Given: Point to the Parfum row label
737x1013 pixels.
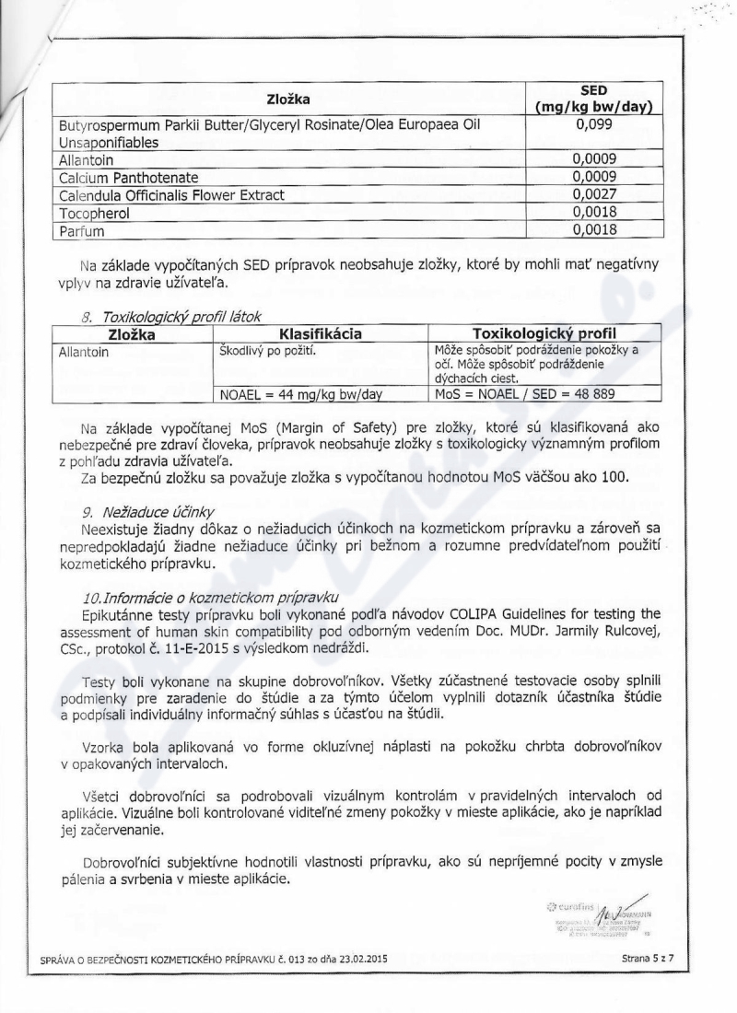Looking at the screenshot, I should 82,230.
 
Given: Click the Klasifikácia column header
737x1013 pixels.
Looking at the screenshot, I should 322,334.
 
